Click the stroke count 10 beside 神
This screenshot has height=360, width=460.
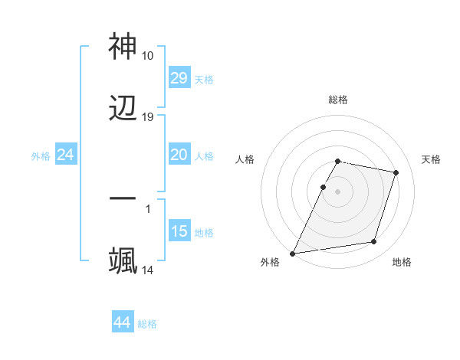coord(147,56)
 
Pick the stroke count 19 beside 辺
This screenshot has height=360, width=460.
coord(148,117)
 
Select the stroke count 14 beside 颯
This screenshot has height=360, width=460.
coord(148,270)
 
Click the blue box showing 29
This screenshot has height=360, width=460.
coord(179,78)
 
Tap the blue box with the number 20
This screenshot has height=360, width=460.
coord(179,155)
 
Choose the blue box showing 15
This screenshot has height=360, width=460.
coord(179,231)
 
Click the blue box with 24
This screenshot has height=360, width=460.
coord(66,155)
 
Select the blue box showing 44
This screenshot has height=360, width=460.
coord(123,322)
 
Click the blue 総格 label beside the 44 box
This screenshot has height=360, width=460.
coord(148,324)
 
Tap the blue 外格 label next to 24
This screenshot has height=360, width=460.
coord(41,156)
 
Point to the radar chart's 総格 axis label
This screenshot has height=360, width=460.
coord(338,100)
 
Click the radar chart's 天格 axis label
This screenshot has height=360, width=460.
coord(431,159)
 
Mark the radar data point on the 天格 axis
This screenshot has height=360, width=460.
coord(396,172)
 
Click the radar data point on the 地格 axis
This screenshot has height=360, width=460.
coord(374,242)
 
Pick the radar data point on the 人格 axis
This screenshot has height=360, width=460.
coord(324,187)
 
